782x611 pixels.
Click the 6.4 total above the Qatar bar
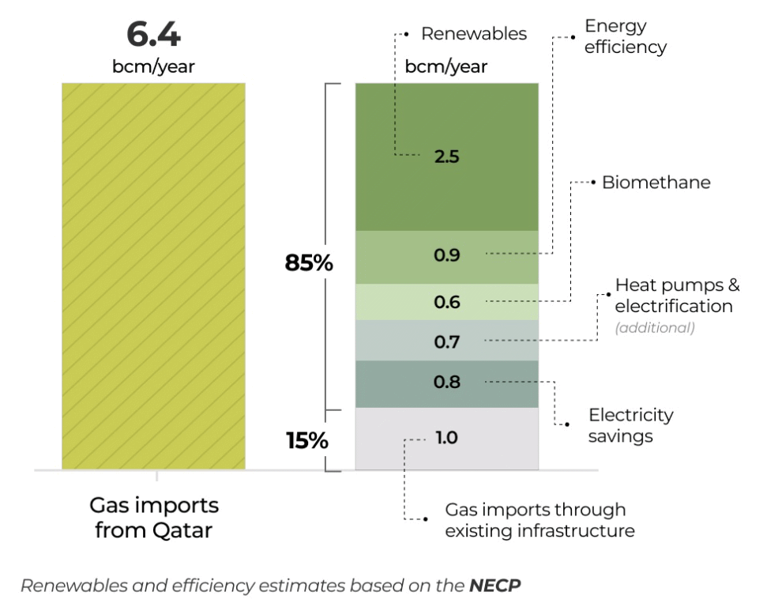click(x=153, y=36)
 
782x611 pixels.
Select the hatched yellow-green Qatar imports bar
click(x=153, y=276)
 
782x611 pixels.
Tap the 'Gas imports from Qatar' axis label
click(x=153, y=517)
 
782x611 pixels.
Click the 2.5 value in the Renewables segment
click(x=446, y=156)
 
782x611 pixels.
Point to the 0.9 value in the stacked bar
click(x=446, y=255)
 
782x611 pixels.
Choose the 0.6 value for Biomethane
click(x=446, y=302)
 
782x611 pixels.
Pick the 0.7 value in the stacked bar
click(x=446, y=342)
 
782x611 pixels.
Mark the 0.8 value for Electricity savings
click(x=446, y=382)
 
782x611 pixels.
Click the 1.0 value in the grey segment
click(x=446, y=437)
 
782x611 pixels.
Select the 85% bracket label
click(x=309, y=262)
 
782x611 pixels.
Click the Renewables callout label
click(x=473, y=34)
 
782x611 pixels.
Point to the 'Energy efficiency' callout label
click(x=625, y=36)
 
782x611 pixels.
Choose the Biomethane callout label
click(x=656, y=183)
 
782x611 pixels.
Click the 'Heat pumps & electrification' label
click(x=677, y=295)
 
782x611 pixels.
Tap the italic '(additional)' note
click(x=655, y=328)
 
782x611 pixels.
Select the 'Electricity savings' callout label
click(x=630, y=425)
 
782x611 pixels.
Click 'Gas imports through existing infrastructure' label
click(x=539, y=520)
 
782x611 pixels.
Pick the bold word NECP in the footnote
click(x=495, y=586)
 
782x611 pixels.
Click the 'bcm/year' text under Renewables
click(x=446, y=66)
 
